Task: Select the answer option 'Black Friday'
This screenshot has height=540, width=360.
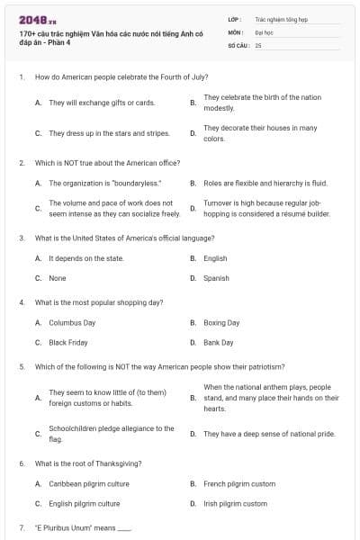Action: (x=68, y=342)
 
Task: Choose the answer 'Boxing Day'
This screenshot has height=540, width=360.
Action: (x=221, y=322)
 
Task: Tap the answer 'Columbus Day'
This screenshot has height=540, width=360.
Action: (x=72, y=322)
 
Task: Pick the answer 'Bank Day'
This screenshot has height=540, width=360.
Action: (x=219, y=342)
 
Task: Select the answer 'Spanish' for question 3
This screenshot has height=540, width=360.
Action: (x=216, y=278)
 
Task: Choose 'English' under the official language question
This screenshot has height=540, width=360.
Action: (x=215, y=258)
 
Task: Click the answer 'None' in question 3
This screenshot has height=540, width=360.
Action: (x=58, y=278)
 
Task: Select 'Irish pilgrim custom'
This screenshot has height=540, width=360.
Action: (x=235, y=503)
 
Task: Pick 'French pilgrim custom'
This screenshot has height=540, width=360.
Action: (x=239, y=483)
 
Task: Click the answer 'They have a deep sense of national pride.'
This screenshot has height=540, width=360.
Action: (x=269, y=434)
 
